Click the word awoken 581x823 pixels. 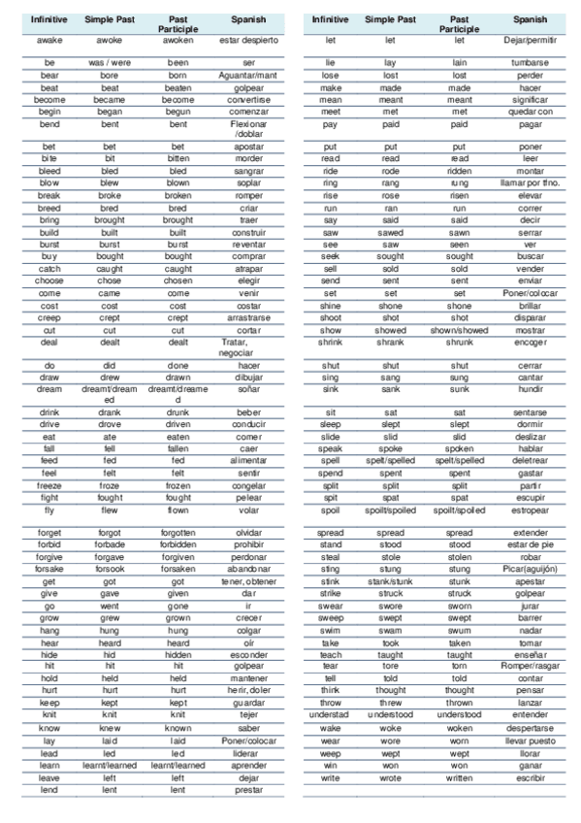[178, 40]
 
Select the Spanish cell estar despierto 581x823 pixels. [248, 40]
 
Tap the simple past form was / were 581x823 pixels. [110, 62]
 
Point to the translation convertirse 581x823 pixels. [248, 100]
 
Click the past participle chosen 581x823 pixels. [178, 280]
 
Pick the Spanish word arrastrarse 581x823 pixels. [248, 317]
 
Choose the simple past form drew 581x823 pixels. [110, 377]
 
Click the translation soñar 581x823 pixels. [248, 389]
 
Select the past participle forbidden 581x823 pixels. [178, 545]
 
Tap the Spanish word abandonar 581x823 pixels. [248, 570]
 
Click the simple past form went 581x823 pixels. [110, 606]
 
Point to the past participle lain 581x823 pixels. [460, 62]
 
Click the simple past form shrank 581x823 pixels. [389, 342]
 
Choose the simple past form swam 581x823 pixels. [389, 630]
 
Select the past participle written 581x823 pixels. [460, 776]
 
